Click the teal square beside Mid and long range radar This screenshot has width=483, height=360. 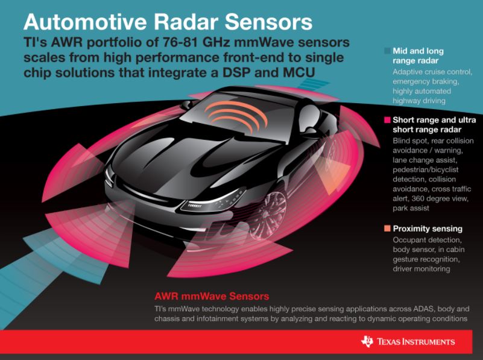coord(387,51)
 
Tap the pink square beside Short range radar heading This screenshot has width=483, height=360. coord(387,120)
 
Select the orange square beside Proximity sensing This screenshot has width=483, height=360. coord(387,229)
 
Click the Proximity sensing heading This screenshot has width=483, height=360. coord(428,229)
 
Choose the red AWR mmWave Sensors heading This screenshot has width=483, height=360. coord(212,296)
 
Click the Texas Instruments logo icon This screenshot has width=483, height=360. coord(367,341)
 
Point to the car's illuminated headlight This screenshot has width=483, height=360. coord(212,201)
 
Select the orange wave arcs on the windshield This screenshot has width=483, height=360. coord(236,117)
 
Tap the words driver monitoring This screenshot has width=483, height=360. coord(421,269)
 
